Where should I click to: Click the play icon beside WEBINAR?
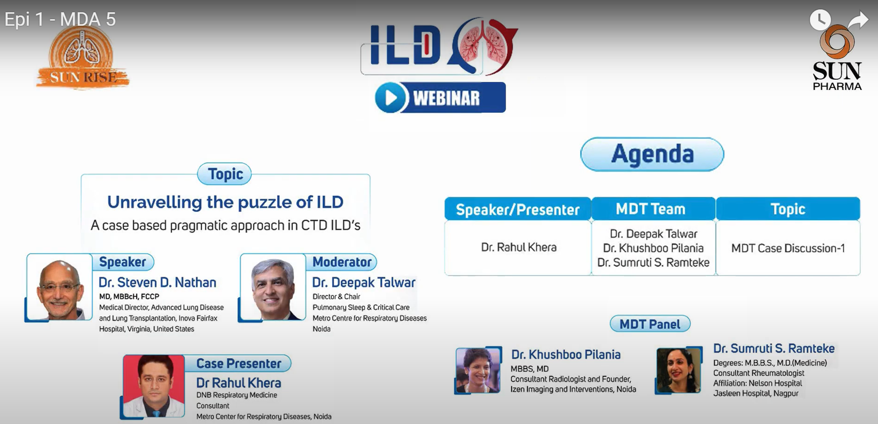pos(391,97)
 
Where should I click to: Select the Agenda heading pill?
pos(652,154)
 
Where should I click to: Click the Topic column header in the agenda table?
pos(788,209)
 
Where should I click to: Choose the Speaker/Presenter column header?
pos(518,209)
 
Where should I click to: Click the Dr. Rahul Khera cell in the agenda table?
pos(518,247)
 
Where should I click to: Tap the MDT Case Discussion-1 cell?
pos(788,248)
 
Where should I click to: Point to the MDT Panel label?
pos(650,324)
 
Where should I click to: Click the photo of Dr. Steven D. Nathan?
pos(59,287)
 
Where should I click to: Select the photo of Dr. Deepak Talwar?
pos(273,287)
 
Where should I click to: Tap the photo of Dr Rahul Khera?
pos(154,386)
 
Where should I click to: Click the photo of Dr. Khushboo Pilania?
pos(478,370)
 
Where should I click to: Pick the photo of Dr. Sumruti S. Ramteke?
pos(679,370)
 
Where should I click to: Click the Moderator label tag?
pos(342,262)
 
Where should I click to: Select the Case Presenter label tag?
pos(238,363)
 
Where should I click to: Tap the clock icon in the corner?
pos(820,20)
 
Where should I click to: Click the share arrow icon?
pos(858,20)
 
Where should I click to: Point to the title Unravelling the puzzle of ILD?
pos(226,202)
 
